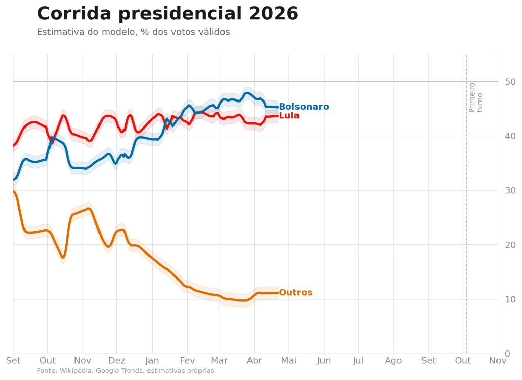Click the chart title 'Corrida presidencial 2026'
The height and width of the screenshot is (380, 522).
coord(167,14)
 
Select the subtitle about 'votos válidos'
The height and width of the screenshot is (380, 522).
coord(133,32)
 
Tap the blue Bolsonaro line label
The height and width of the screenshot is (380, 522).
coord(304,107)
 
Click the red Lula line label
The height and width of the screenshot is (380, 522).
coord(289,116)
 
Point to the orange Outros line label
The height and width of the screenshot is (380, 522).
coord(295,293)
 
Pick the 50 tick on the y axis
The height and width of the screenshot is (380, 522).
coord(510,82)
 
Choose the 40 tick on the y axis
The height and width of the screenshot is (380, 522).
coord(510,136)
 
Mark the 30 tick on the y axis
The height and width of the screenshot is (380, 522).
coord(510,191)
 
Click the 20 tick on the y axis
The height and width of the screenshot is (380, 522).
coord(510,245)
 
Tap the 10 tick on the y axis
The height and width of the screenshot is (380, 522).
coord(510,299)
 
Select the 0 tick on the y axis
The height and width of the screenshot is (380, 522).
coord(507,354)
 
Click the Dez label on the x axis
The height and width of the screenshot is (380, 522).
coord(116,361)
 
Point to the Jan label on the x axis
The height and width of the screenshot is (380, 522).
coord(152,361)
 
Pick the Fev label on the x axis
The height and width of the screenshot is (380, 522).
coord(187,361)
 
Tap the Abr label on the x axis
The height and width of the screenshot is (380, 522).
coord(254,361)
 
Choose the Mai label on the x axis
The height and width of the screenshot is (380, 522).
coord(289,361)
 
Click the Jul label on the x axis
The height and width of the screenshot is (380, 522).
coord(358,361)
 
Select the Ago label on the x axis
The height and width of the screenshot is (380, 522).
coord(393,361)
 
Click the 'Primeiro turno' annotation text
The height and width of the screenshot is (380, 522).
coord(476,97)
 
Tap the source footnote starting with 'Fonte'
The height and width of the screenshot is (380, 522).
coord(126,371)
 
